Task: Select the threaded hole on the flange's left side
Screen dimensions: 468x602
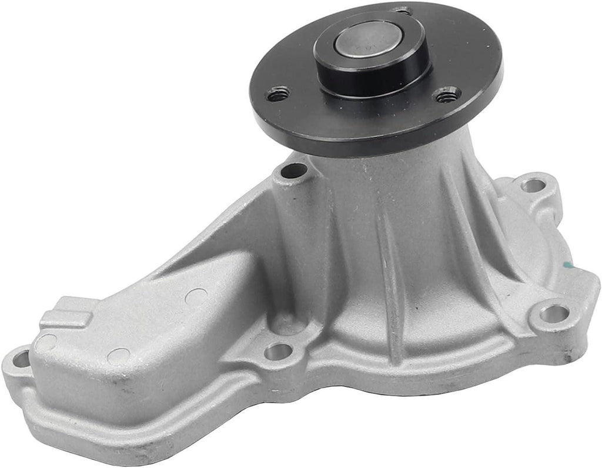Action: coord(279,93)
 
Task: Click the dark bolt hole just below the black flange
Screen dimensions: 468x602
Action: coord(294,172)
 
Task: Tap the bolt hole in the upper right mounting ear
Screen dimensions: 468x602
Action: coord(533,185)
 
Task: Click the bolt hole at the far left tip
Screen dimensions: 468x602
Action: coord(22,360)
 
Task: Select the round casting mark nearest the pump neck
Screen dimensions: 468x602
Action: coord(195,296)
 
